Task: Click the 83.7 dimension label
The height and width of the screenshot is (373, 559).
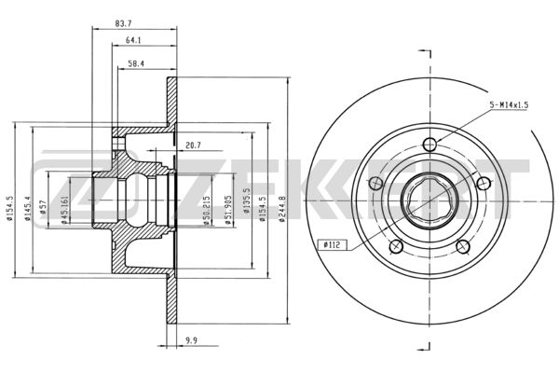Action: [x=123, y=24]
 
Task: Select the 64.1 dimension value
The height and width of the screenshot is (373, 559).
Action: [x=133, y=40]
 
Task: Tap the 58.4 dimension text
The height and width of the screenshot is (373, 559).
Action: [x=136, y=64]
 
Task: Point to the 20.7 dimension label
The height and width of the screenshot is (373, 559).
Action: [x=193, y=145]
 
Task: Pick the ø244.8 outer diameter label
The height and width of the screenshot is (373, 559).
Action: [x=281, y=209]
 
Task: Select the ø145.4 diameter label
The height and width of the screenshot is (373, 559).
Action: [x=28, y=209]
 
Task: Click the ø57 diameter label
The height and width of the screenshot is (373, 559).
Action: [x=43, y=207]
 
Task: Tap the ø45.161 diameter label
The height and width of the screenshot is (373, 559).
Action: [x=64, y=210]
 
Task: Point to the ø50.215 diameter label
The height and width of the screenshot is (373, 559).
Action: [x=207, y=211]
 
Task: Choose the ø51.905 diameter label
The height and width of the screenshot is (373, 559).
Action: [x=228, y=210]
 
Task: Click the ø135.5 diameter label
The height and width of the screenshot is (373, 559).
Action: [x=246, y=201]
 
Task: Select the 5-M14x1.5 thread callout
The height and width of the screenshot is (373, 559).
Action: [x=509, y=105]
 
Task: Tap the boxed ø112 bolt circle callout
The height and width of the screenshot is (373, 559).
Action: [x=332, y=245]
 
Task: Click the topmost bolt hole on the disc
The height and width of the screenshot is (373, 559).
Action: [x=429, y=145]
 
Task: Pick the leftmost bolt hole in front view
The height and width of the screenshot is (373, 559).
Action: [x=375, y=184]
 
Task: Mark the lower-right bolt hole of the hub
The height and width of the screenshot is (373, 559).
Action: [x=463, y=246]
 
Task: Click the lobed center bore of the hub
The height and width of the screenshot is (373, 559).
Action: [x=429, y=200]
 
